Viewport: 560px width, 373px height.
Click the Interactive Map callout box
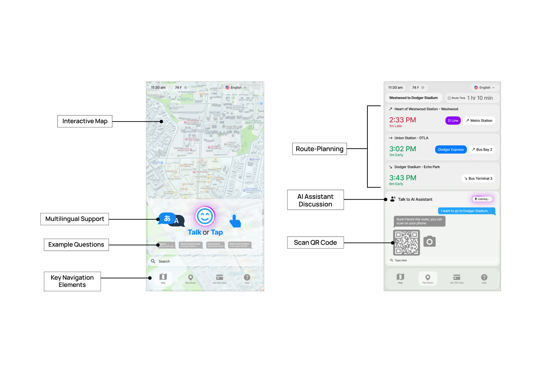pos(85,121)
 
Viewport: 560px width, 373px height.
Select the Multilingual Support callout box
pos(75,219)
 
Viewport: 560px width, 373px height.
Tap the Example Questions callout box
pos(76,245)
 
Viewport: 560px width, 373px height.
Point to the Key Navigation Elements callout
pos(72,281)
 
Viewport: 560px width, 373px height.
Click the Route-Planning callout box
pos(319,149)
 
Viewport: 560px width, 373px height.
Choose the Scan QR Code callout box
pos(315,242)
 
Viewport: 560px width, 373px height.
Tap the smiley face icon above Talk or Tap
pos(205,217)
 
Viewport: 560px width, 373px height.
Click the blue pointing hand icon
pos(235,221)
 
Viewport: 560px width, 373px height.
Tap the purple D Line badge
pos(453,121)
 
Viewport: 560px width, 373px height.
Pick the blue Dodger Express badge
pos(451,150)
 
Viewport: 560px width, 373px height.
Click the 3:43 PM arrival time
pos(403,178)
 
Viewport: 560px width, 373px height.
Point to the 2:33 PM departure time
pos(403,120)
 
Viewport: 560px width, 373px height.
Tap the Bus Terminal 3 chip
pos(478,179)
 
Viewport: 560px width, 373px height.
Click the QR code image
pos(407,242)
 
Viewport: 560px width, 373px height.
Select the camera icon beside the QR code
pos(429,241)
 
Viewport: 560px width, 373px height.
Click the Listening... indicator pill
pos(482,199)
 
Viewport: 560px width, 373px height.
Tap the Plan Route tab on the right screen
pos(428,278)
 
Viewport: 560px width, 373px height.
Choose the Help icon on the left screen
pos(247,278)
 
